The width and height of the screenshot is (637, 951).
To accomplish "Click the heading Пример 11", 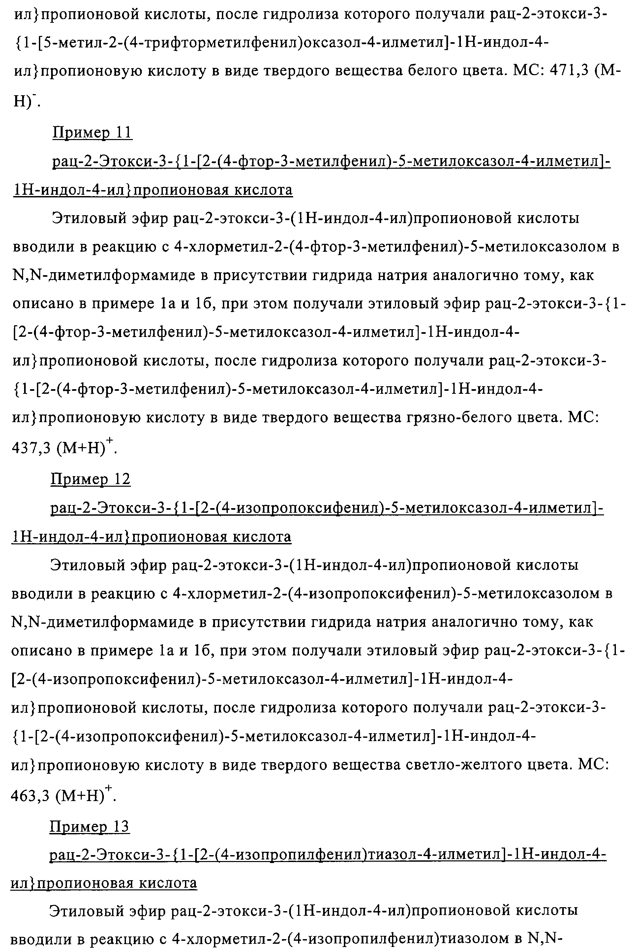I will click(x=92, y=133).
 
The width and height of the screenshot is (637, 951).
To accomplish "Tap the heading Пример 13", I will click(x=89, y=826).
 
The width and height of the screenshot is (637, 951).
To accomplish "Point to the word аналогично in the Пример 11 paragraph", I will click(x=492, y=275).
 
